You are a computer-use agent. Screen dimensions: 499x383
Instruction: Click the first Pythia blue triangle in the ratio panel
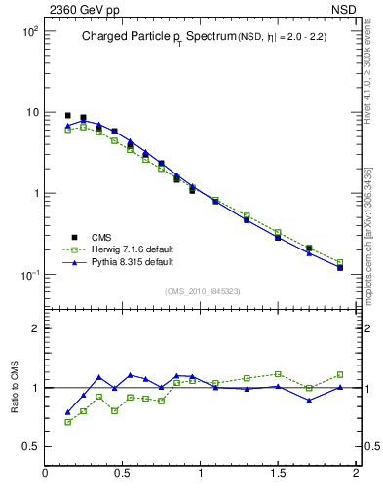click(x=67, y=412)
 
